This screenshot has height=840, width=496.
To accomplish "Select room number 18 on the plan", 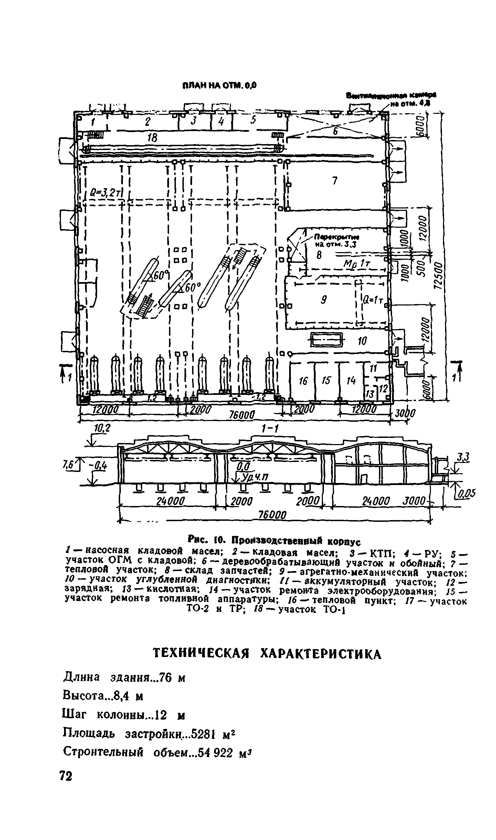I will [152, 138].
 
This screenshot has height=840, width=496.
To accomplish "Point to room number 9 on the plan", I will [324, 300].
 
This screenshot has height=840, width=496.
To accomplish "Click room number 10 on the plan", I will [362, 341].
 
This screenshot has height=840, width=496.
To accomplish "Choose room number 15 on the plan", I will [326, 380].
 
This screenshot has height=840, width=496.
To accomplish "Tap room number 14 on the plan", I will [351, 380].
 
